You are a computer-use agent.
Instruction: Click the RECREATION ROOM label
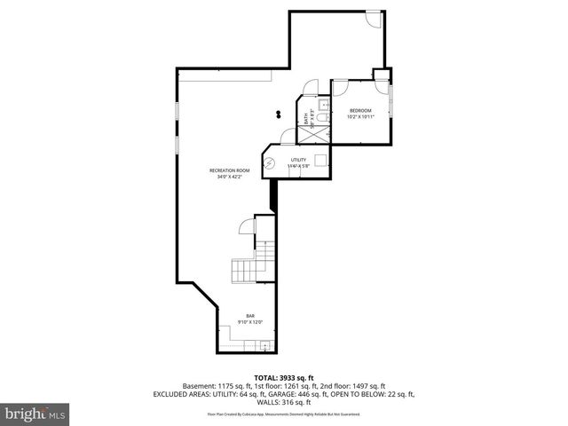tap(229, 170)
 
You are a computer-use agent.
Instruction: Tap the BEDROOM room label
tap(359, 110)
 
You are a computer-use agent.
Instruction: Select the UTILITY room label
tap(297, 160)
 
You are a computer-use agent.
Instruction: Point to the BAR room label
tap(251, 315)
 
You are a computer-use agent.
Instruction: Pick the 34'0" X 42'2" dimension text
tap(229, 177)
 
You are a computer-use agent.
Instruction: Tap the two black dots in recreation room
tap(279, 114)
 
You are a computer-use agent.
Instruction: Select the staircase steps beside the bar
tap(243, 270)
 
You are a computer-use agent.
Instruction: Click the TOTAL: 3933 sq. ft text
tap(283, 377)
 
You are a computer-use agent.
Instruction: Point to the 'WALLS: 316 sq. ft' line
tap(283, 402)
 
